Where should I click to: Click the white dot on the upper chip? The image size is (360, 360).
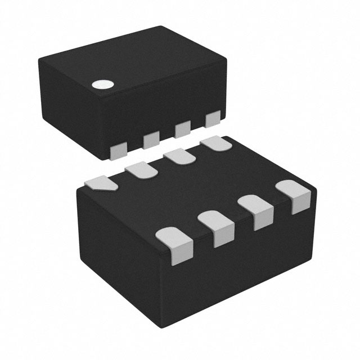tap(102, 85)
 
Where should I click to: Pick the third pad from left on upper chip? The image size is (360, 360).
tap(182, 130)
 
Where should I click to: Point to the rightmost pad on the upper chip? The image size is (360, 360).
tap(213, 120)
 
